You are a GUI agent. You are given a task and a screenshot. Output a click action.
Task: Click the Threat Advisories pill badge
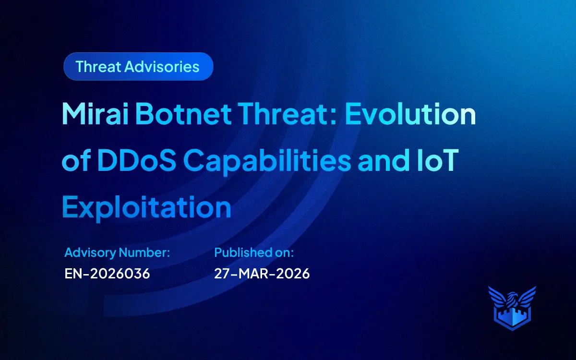click(138, 66)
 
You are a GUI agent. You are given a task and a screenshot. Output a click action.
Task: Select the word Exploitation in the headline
click(146, 207)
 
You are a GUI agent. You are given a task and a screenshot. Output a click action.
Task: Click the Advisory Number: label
click(117, 252)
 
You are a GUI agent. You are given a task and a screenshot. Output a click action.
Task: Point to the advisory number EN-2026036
click(107, 274)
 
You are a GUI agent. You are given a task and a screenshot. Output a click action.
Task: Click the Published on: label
click(254, 252)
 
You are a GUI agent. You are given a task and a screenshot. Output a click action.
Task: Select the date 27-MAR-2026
click(262, 274)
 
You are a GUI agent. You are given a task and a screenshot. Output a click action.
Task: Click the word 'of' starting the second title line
click(75, 162)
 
